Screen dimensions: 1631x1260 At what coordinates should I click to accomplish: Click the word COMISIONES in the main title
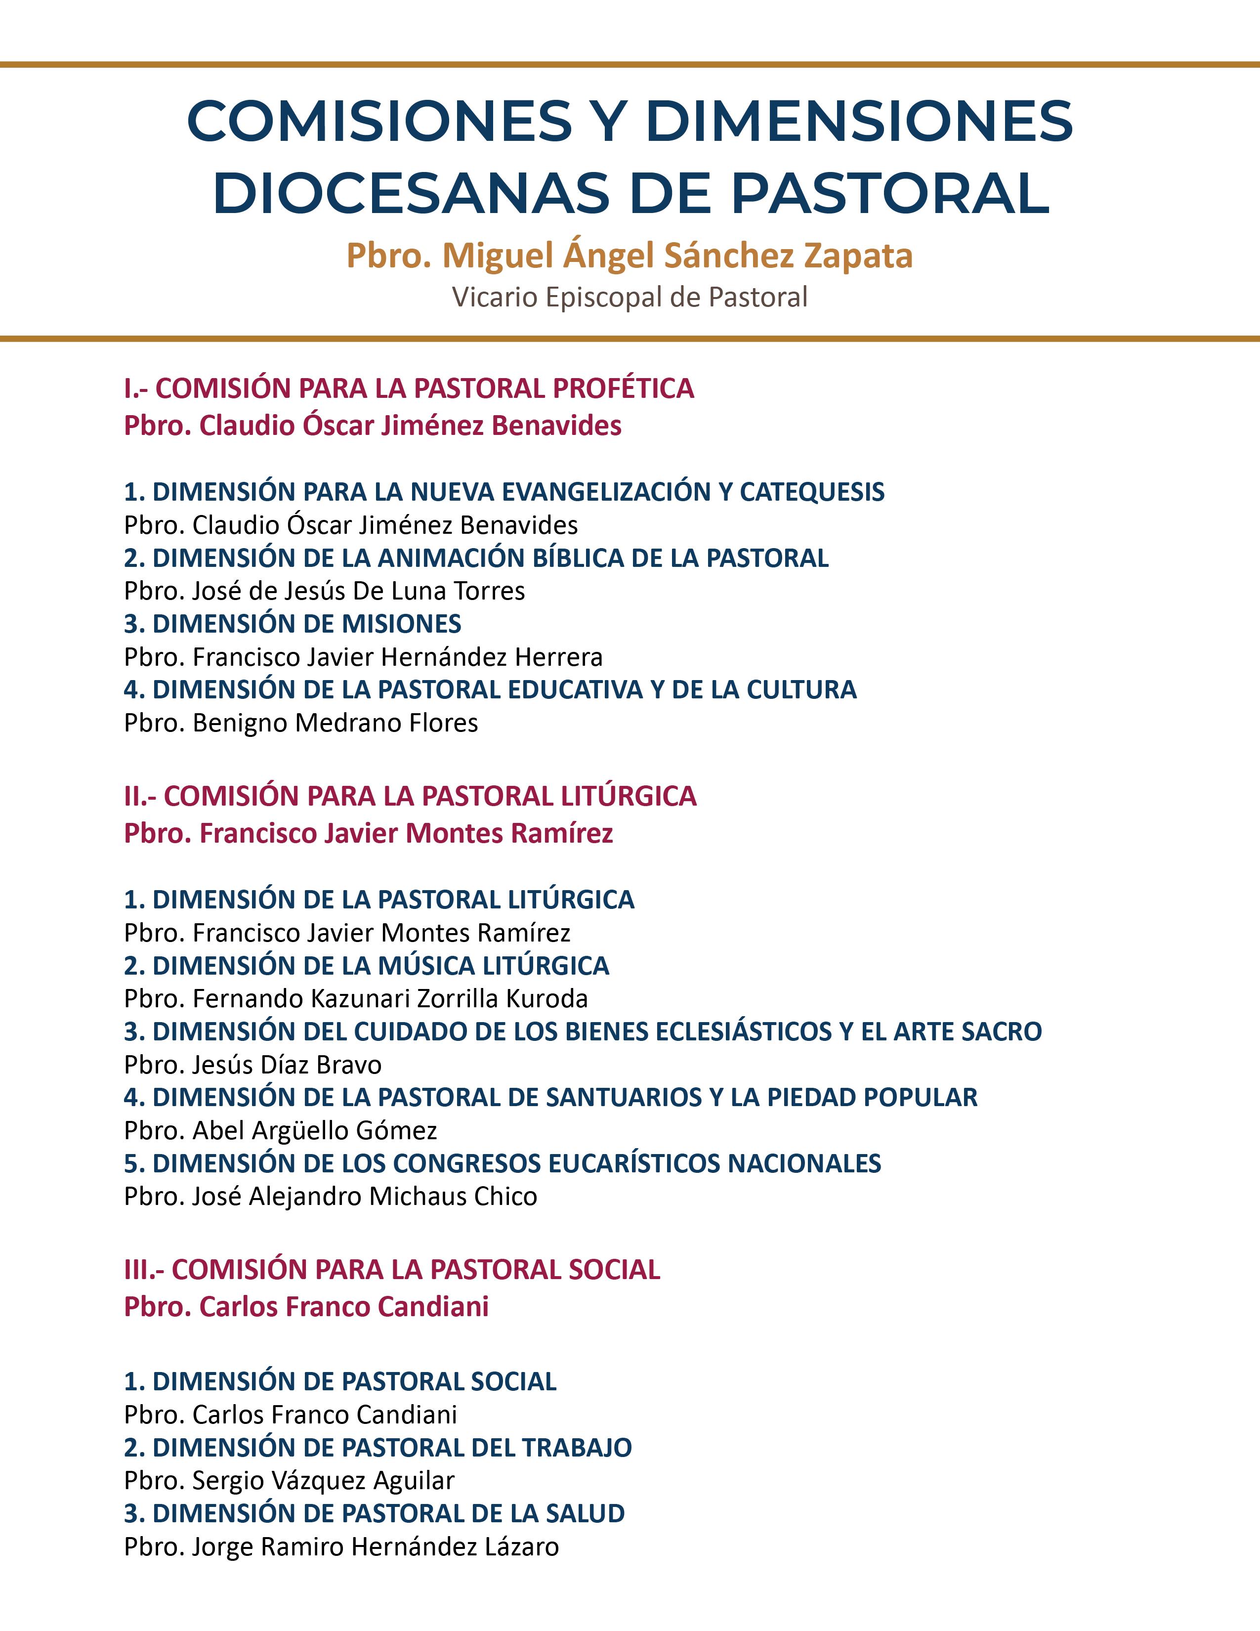coord(379,121)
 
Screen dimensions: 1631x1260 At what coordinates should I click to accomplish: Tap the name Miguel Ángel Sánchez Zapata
coord(677,256)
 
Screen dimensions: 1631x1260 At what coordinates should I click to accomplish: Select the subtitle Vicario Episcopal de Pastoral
coord(629,297)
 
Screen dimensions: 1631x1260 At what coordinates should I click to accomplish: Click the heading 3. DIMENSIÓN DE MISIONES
coord(293,624)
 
